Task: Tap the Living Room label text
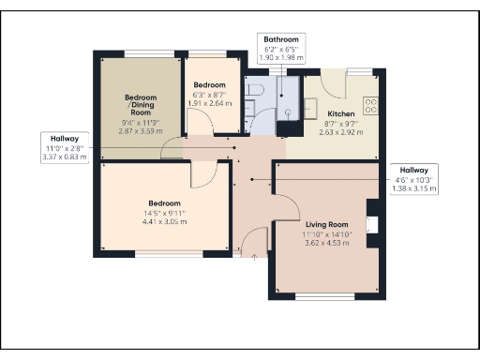(x=326, y=225)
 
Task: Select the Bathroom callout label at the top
(x=280, y=40)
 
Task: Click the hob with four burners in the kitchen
(x=370, y=106)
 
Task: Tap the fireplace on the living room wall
(x=373, y=225)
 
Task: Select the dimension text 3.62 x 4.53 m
(x=326, y=243)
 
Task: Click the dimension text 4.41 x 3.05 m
(x=163, y=222)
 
